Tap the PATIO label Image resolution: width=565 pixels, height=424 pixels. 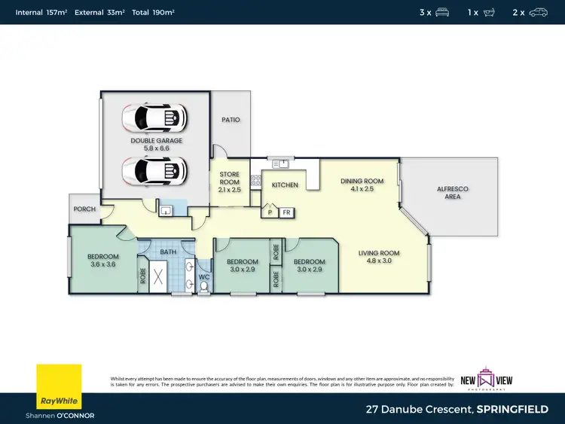(231, 120)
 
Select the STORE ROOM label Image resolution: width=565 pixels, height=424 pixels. (229, 177)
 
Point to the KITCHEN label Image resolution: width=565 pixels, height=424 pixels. (285, 185)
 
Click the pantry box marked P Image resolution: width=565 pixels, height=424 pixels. (270, 213)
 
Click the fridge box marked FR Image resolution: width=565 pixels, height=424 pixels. (286, 213)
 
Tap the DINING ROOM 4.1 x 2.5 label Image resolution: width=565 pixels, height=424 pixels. (362, 185)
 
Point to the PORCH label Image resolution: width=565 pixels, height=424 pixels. (84, 209)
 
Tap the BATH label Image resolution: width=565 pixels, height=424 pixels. (168, 252)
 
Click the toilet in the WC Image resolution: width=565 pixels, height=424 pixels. (203, 288)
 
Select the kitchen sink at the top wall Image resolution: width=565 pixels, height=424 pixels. (283, 162)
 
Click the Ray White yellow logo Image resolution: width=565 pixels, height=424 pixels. (59, 386)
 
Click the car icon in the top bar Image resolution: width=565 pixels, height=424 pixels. (539, 12)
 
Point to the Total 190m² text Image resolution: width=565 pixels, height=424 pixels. (154, 12)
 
